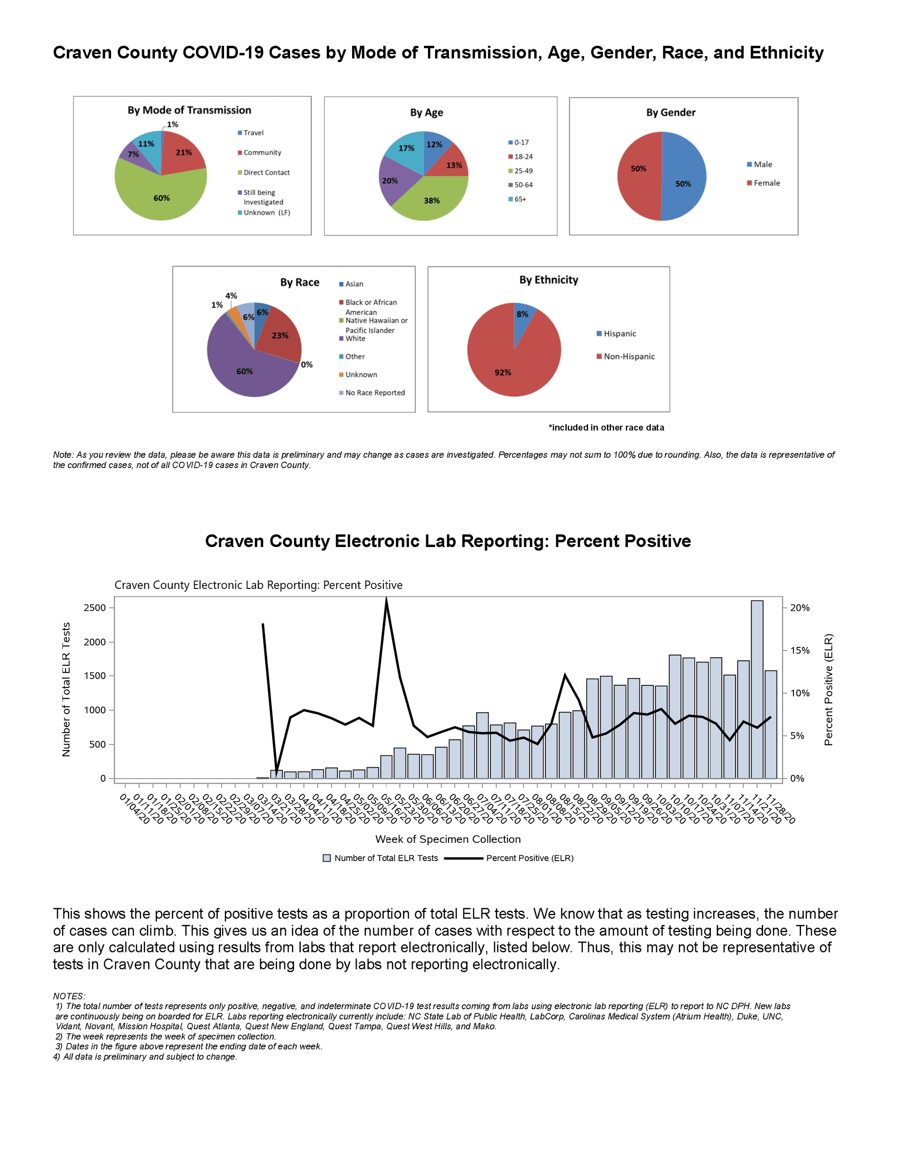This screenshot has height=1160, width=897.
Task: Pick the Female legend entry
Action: pyautogui.click(x=763, y=183)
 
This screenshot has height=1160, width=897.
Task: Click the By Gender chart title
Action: pyautogui.click(x=670, y=112)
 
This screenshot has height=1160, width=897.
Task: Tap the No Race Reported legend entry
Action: pyautogui.click(x=372, y=393)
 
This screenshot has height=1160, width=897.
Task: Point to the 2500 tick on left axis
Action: pyautogui.click(x=95, y=608)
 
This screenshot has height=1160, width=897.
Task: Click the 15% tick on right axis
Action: pyautogui.click(x=799, y=650)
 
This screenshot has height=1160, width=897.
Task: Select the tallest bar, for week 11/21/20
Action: pyautogui.click(x=757, y=691)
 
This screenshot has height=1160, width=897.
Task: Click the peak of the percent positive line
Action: pyautogui.click(x=386, y=600)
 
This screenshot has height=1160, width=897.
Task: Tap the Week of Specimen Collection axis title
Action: pyautogui.click(x=448, y=839)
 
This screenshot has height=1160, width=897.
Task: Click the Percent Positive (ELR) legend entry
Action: pyautogui.click(x=529, y=858)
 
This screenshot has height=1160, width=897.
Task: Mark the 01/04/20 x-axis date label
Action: pyautogui.click(x=134, y=808)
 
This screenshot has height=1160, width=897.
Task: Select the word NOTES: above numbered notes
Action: pyautogui.click(x=69, y=996)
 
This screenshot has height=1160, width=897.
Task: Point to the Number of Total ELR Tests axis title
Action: pyautogui.click(x=66, y=689)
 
